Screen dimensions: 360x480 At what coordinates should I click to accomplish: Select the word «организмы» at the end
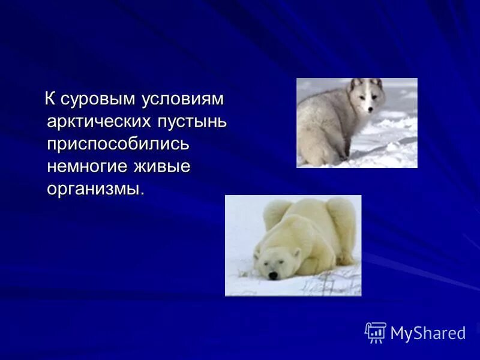[95, 190]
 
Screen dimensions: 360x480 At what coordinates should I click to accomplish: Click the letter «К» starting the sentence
[50, 97]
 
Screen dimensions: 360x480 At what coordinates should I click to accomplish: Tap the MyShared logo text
[428, 333]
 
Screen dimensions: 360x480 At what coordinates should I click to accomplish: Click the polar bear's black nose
[273, 275]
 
